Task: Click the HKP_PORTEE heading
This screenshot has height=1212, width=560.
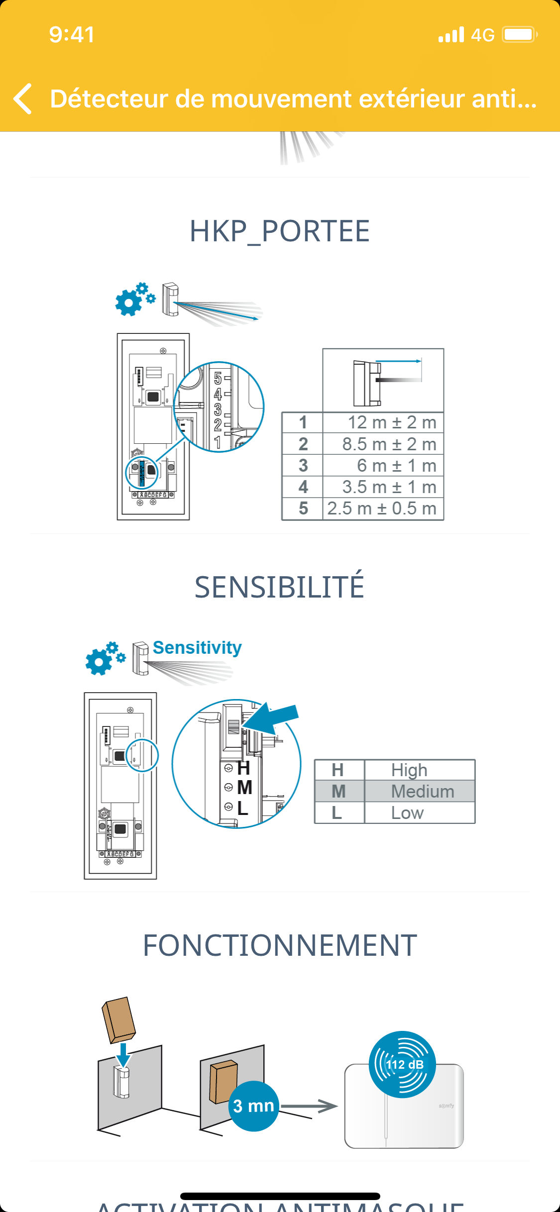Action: click(x=279, y=231)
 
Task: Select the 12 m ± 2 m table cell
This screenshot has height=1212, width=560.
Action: click(x=391, y=422)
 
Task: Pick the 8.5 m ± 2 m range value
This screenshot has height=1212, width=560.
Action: click(x=389, y=444)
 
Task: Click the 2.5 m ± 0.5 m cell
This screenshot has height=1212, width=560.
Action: click(x=382, y=508)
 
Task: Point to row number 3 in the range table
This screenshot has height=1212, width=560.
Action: click(x=303, y=466)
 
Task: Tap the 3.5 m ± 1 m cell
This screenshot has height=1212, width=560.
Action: click(x=389, y=487)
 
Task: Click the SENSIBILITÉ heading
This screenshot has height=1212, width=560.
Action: click(x=279, y=587)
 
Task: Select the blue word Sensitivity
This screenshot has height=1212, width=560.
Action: click(x=197, y=648)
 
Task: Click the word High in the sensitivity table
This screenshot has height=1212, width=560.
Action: click(x=409, y=770)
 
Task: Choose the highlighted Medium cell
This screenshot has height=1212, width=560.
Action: click(x=422, y=792)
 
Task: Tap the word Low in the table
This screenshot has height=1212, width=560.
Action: click(x=407, y=813)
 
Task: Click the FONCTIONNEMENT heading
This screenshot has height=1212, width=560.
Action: click(x=279, y=945)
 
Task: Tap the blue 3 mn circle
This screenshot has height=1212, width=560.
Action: click(x=253, y=1106)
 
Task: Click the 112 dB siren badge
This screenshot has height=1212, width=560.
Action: click(x=402, y=1064)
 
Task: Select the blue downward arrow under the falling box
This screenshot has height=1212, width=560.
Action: click(x=122, y=1055)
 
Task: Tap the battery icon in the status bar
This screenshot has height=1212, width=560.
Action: click(x=519, y=35)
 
